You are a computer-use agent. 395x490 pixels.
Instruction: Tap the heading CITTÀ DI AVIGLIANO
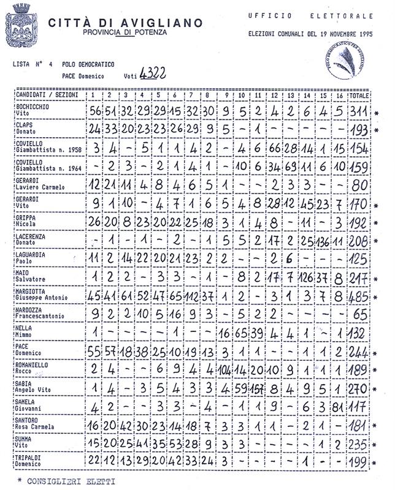pos(125,23)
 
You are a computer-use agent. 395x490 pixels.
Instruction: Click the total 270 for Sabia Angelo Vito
pos(359,388)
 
